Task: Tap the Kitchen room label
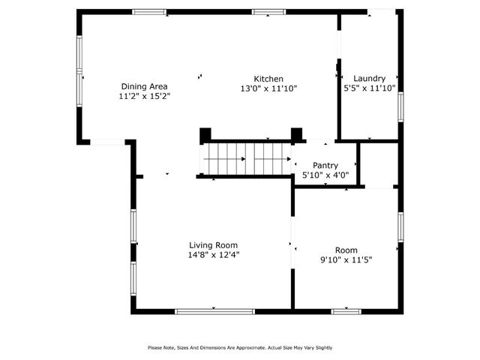pos(268,79)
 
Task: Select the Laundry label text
pos(369,78)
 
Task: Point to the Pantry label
pos(325,165)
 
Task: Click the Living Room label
pos(214,245)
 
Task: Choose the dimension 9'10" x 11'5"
pos(346,259)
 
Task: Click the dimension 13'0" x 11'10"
pos(268,88)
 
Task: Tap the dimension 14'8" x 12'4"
pos(214,255)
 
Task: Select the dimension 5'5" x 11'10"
pos(369,88)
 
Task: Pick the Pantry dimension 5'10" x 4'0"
pos(325,175)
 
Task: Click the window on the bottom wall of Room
pos(346,310)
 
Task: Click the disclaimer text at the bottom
pos(240,347)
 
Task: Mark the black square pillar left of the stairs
pos(205,135)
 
